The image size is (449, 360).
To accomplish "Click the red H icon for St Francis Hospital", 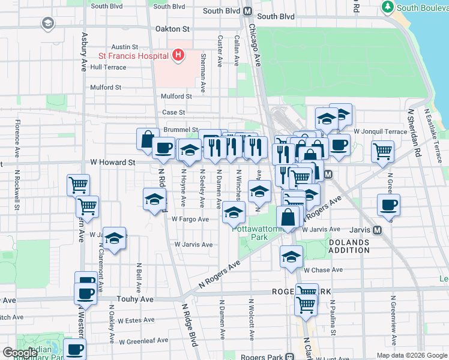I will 178,56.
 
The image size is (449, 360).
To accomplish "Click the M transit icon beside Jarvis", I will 378,230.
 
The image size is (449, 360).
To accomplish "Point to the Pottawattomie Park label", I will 259,233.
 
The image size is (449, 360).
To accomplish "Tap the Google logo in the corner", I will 20,352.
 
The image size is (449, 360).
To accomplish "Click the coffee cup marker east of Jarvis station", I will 388,205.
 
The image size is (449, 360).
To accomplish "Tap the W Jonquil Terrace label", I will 381,131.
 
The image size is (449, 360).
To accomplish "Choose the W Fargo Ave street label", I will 190,219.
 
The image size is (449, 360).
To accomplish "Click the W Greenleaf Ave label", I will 143,341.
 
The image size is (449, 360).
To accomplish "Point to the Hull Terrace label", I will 108,67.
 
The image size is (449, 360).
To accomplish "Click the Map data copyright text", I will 411,355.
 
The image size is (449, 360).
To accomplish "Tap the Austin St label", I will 125,46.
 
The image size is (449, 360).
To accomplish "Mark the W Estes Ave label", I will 136,320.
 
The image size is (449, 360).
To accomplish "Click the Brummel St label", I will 180,129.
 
